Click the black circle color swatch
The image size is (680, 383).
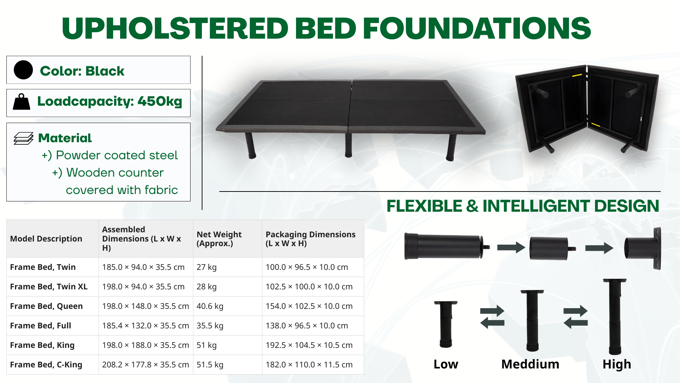tap(23, 70)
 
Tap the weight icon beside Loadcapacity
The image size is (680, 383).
tap(22, 102)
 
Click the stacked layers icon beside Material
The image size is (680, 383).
tap(23, 138)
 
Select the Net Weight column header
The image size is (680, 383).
tap(219, 239)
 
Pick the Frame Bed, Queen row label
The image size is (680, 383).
tap(46, 306)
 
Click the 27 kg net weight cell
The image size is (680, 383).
tap(206, 267)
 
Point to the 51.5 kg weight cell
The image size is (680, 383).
tap(210, 365)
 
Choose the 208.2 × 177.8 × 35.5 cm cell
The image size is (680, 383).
tap(146, 365)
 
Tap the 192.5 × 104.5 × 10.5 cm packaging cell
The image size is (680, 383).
tap(309, 345)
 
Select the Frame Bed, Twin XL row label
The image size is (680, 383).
tap(49, 287)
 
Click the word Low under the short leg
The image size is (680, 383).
tap(446, 364)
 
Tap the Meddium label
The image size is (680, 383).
tap(530, 364)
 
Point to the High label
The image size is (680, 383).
tap(617, 365)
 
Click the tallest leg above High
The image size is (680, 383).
tap(615, 316)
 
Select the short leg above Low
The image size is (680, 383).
tap(446, 324)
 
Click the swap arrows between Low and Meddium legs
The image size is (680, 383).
tap(492, 317)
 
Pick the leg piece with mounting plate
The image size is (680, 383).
tap(643, 248)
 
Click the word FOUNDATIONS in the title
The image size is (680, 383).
tap(477, 28)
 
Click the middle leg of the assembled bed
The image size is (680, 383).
tap(348, 145)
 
